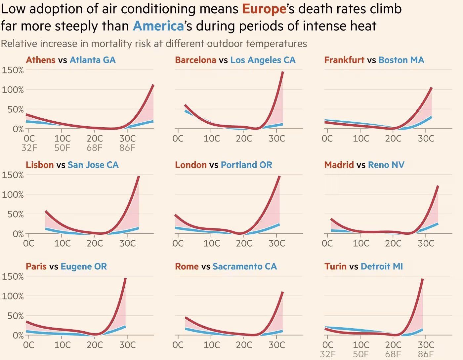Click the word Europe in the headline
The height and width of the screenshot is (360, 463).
pyautogui.click(x=264, y=9)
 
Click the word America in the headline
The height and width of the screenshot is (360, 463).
pyautogui.click(x=158, y=26)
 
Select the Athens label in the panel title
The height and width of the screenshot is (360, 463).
pyautogui.click(x=40, y=60)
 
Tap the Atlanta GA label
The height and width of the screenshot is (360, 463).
pyautogui.click(x=93, y=60)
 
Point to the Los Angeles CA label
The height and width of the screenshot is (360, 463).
pyautogui.click(x=263, y=60)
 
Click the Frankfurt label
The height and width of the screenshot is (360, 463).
pyautogui.click(x=344, y=60)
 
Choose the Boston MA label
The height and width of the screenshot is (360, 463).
pyautogui.click(x=401, y=60)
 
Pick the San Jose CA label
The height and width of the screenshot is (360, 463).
pyautogui.click(x=93, y=165)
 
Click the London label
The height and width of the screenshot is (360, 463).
pyautogui.click(x=190, y=165)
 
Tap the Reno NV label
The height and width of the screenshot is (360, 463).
pyautogui.click(x=386, y=165)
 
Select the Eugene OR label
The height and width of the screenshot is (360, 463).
pyautogui.click(x=84, y=266)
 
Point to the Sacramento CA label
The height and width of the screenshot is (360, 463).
pyautogui.click(x=245, y=266)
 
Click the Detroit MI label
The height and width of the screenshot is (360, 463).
pyautogui.click(x=382, y=266)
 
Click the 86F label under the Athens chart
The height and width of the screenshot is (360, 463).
pyautogui.click(x=127, y=147)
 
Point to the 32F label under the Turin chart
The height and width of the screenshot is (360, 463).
pyautogui.click(x=328, y=354)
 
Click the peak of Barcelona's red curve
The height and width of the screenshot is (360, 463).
pyautogui.click(x=283, y=72)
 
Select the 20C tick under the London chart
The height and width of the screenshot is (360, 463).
pyautogui.click(x=244, y=244)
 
